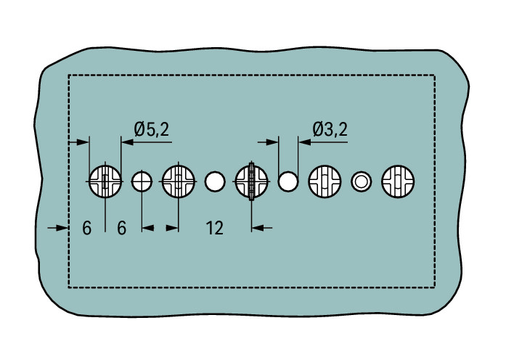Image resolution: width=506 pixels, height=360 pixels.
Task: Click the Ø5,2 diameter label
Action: click(151, 130)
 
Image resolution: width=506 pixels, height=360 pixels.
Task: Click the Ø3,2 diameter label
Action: click(330, 129)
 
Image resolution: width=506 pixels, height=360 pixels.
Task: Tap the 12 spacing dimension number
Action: click(215, 228)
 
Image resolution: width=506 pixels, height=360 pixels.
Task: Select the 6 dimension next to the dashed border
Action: click(87, 228)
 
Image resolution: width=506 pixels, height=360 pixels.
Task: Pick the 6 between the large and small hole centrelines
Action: click(122, 228)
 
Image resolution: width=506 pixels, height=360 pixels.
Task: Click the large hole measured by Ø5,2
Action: click(105, 181)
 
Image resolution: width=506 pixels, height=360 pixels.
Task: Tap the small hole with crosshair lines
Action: click(142, 181)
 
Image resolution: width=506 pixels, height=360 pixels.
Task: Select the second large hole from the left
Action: click(179, 181)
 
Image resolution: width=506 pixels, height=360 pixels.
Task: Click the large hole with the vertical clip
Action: click(252, 181)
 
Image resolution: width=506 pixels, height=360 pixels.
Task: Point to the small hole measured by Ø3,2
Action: click(288, 181)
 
